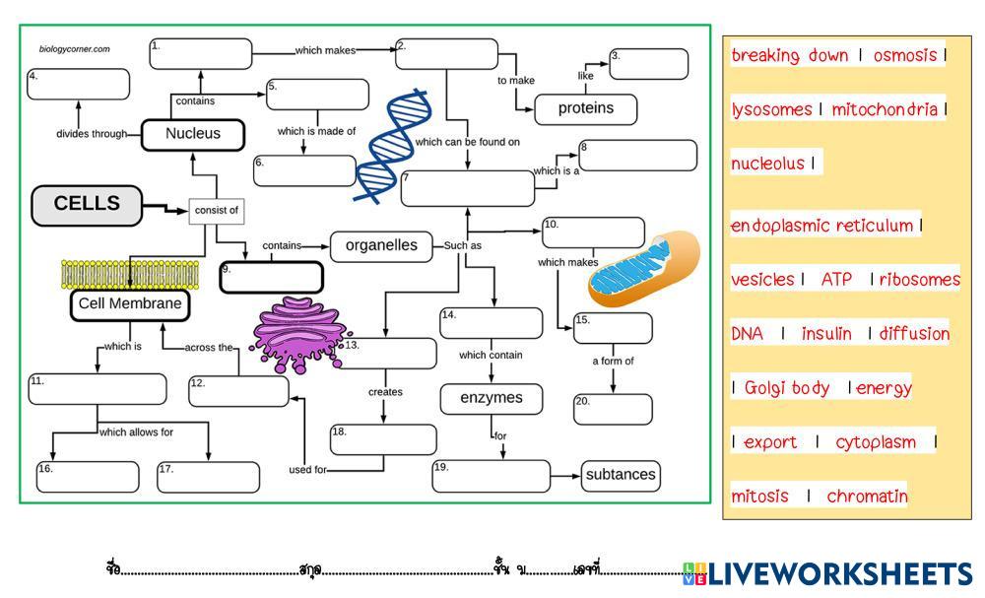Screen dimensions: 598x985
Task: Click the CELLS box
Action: (x=87, y=205)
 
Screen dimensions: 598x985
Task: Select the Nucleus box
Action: (x=192, y=134)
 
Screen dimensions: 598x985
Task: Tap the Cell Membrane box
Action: (x=130, y=304)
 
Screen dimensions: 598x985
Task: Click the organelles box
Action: (x=381, y=246)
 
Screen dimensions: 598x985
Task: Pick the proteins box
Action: (x=585, y=108)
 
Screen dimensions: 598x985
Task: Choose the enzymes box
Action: (x=491, y=399)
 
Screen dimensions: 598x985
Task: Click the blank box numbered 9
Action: (x=271, y=277)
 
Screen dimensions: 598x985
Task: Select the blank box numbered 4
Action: (x=78, y=85)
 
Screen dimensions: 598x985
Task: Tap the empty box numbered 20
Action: (x=613, y=409)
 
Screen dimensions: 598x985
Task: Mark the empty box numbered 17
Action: (x=208, y=477)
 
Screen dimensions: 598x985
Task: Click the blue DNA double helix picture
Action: (x=393, y=145)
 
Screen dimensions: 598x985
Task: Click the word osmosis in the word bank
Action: (x=904, y=55)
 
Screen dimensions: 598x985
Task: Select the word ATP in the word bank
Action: (x=836, y=280)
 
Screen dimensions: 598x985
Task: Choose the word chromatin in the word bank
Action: (x=867, y=497)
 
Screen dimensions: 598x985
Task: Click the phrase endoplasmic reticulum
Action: (x=821, y=226)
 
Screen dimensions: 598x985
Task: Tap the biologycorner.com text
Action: (x=75, y=48)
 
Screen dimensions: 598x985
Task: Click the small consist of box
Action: (x=216, y=210)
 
